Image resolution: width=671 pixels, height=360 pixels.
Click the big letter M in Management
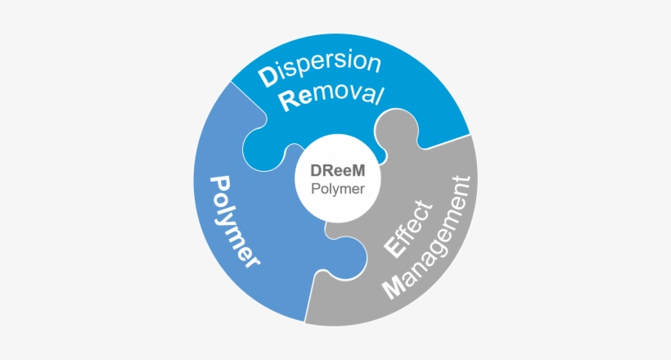coord(394,288)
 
